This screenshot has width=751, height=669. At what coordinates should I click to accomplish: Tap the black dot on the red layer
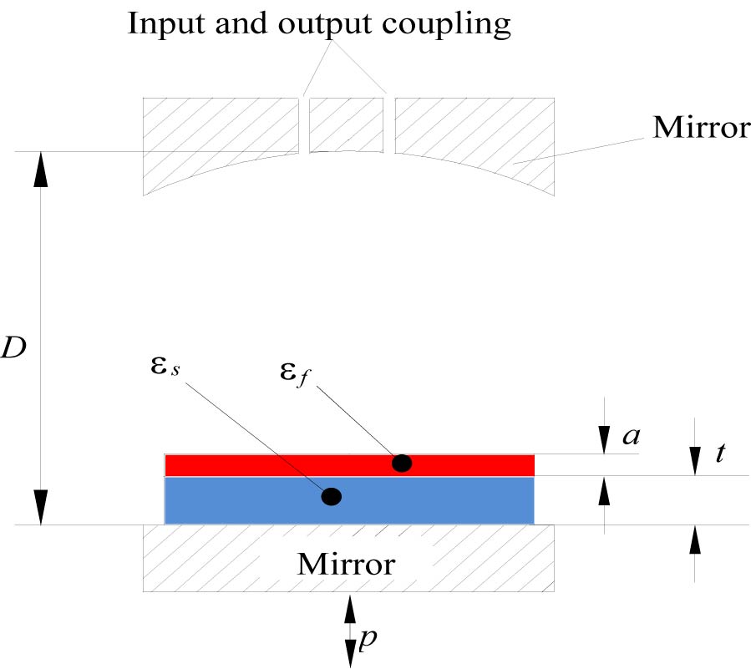click(402, 463)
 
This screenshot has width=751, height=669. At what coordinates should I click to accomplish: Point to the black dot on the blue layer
click(331, 497)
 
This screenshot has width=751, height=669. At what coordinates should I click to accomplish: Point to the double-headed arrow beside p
click(350, 631)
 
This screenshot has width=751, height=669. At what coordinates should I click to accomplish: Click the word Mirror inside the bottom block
click(346, 564)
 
